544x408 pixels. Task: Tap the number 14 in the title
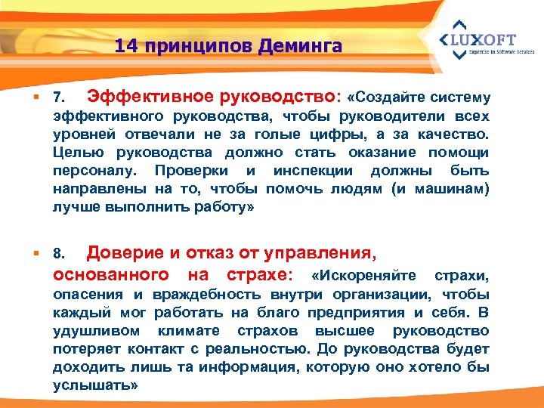click(x=128, y=46)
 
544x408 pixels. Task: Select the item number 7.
click(x=60, y=99)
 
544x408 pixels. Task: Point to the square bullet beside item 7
click(x=36, y=98)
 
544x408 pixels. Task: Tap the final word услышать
click(x=95, y=385)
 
